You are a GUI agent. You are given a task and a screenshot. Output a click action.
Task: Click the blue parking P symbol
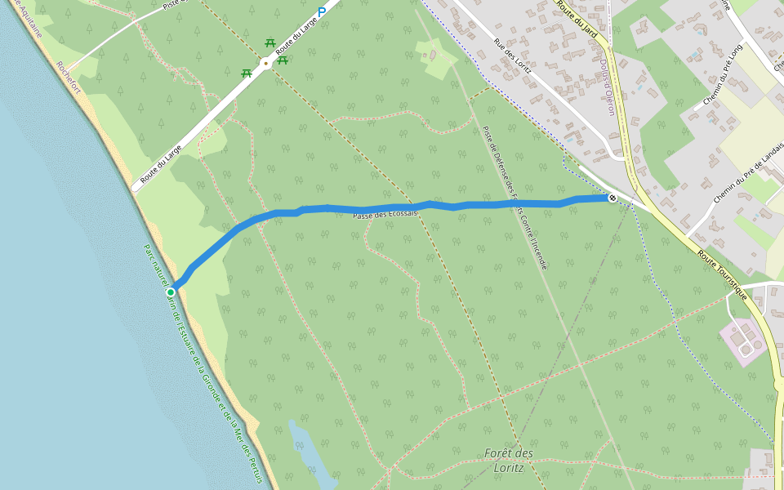(x=322, y=11)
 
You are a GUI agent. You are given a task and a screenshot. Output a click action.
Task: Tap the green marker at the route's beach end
(x=171, y=292)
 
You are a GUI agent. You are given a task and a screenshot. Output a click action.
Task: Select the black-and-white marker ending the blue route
(x=612, y=198)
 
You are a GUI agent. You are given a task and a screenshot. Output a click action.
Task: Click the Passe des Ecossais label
(x=385, y=214)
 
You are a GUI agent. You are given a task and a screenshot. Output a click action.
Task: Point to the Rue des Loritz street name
(x=512, y=56)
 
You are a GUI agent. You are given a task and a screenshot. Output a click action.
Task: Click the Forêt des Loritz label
(x=508, y=461)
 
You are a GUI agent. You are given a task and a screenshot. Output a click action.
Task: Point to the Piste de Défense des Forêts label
(x=514, y=196)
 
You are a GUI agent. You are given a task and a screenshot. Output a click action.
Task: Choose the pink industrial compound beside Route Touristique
(x=742, y=342)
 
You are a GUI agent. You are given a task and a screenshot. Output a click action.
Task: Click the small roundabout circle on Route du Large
(x=265, y=63)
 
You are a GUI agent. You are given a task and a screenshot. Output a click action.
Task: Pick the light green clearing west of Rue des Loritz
(x=438, y=59)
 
